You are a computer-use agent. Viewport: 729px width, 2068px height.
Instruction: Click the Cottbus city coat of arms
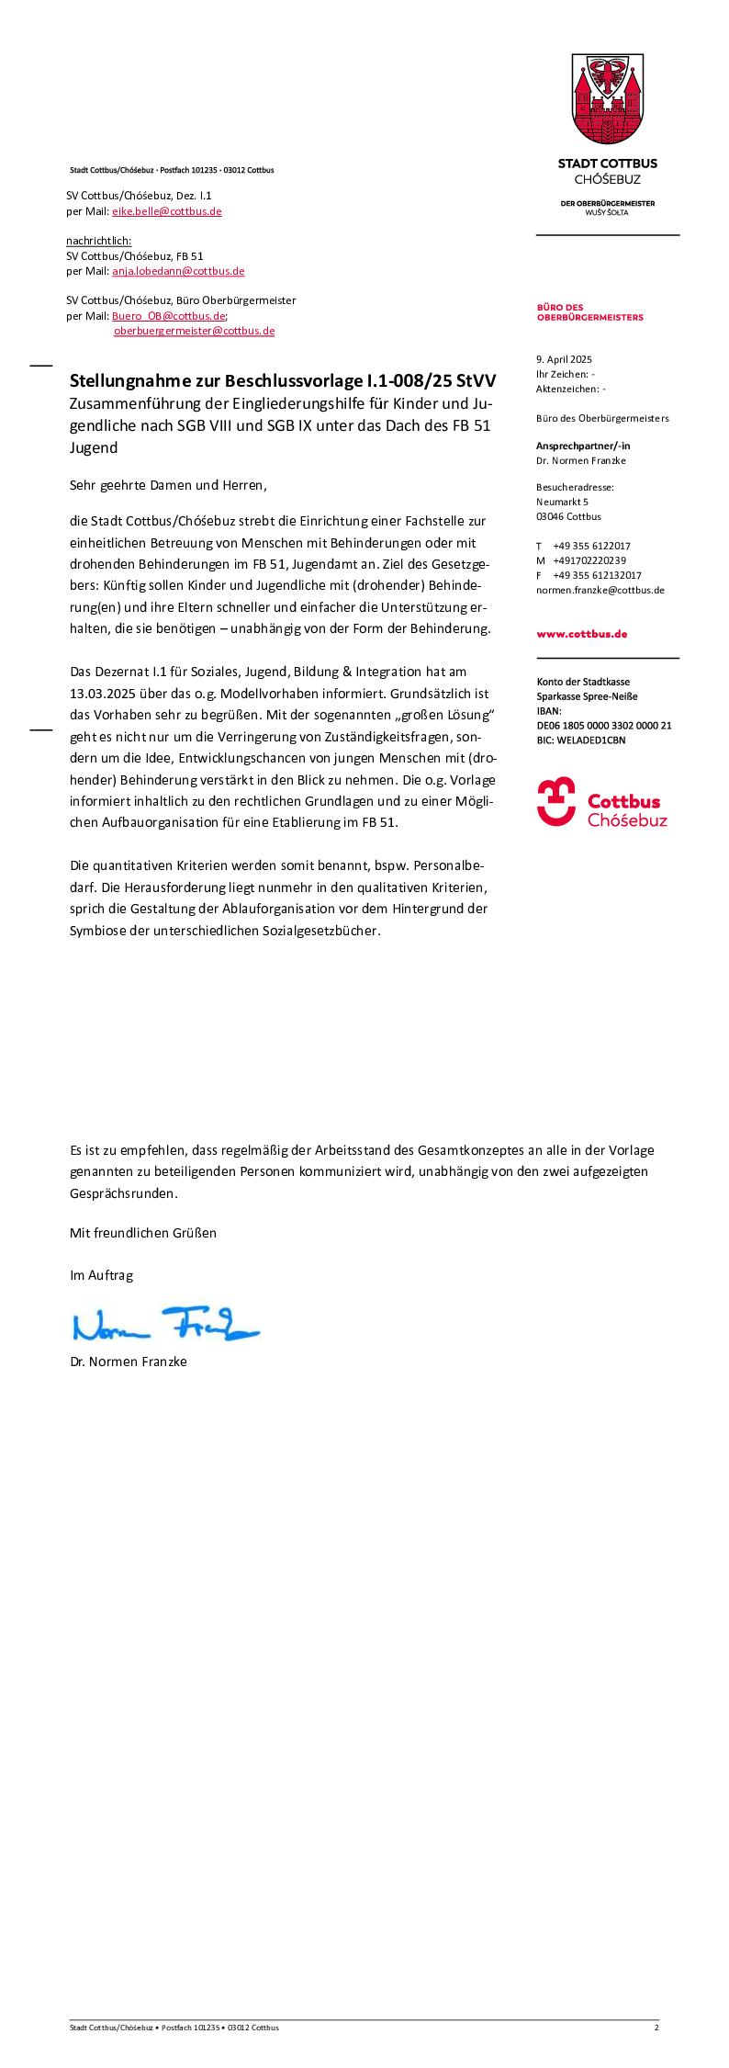pyautogui.click(x=608, y=99)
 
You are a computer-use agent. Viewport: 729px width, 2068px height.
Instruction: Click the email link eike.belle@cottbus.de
pyautogui.click(x=167, y=211)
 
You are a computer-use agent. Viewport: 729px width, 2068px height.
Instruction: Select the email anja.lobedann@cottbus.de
pyautogui.click(x=178, y=271)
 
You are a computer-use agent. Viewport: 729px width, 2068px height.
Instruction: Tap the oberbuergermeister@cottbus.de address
pyautogui.click(x=194, y=331)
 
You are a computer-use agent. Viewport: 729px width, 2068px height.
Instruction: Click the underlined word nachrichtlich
pyautogui.click(x=98, y=241)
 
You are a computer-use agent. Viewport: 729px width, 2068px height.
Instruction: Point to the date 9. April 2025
pyautogui.click(x=564, y=359)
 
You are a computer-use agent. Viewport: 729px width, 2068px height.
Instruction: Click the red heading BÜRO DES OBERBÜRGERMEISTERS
pyautogui.click(x=589, y=312)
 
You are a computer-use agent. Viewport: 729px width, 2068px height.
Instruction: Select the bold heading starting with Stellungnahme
pyautogui.click(x=283, y=380)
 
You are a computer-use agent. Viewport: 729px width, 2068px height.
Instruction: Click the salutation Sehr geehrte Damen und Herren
pyautogui.click(x=168, y=485)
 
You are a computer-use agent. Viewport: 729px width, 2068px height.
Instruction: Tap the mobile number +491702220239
pyautogui.click(x=589, y=560)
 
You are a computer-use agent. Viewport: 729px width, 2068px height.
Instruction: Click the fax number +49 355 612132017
pyautogui.click(x=597, y=575)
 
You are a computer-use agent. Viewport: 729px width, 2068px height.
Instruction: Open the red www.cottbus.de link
pyautogui.click(x=582, y=634)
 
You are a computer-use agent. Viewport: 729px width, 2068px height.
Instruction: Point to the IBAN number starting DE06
pyautogui.click(x=604, y=725)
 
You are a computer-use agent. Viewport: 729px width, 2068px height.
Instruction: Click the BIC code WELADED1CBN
pyautogui.click(x=591, y=740)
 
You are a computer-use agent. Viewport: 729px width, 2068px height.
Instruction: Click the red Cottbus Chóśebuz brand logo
pyautogui.click(x=602, y=802)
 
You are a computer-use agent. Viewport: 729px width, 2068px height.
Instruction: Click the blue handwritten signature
pyautogui.click(x=165, y=1324)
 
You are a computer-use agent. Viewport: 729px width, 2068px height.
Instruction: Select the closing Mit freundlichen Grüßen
pyautogui.click(x=143, y=1233)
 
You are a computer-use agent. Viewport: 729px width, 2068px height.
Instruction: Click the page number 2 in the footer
pyautogui.click(x=656, y=2027)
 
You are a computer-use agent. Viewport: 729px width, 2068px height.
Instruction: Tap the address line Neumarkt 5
pyautogui.click(x=562, y=502)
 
